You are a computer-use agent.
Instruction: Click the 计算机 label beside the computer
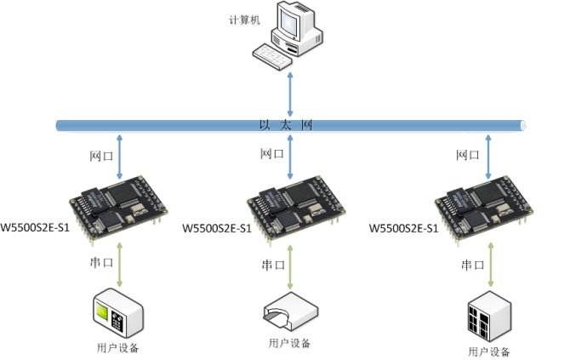[x=244, y=19]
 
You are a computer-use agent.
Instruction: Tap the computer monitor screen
[x=290, y=23]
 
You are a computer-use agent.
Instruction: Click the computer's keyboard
[x=272, y=56]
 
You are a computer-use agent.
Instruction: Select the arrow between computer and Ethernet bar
[x=290, y=94]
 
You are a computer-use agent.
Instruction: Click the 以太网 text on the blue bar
[x=286, y=125]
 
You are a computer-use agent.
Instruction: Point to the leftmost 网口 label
[x=101, y=156]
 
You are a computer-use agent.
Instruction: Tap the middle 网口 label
[x=271, y=153]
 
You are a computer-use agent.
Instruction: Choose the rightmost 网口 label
[x=468, y=155]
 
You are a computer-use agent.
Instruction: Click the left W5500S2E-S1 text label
[x=35, y=227]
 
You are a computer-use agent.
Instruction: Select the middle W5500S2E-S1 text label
[x=217, y=228]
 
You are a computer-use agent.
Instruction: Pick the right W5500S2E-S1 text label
[x=403, y=228]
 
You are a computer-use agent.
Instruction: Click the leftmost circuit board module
[x=118, y=208]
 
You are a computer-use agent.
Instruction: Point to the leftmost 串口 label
[x=101, y=262]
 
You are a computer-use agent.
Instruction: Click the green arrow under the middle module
[x=290, y=267]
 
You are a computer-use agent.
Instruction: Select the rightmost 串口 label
[x=472, y=265]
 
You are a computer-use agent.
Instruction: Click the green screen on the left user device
[x=101, y=311]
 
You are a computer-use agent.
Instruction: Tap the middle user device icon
[x=290, y=311]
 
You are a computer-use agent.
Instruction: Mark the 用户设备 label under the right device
[x=489, y=351]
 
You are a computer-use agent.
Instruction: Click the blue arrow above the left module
[x=119, y=157]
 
